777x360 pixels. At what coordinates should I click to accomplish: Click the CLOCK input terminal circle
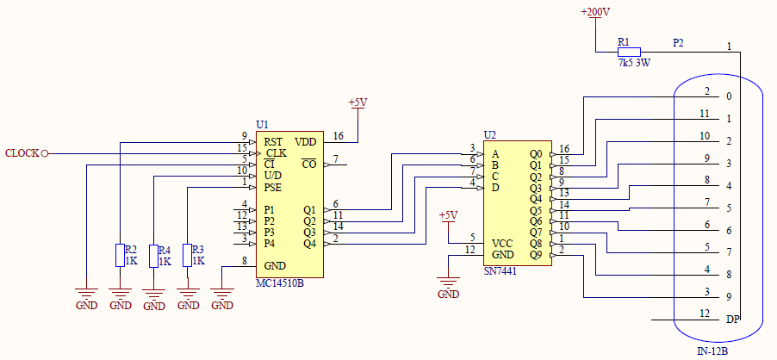coord(45,153)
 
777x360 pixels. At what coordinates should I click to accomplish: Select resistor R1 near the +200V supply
coord(629,52)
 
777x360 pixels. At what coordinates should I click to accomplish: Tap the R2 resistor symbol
coord(120,255)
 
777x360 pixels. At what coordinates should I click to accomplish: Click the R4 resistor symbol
coord(153,256)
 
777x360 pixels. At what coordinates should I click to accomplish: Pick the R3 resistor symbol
coord(187,255)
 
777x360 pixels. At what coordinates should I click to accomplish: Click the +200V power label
coord(595,12)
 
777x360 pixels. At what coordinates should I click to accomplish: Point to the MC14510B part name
coord(279,284)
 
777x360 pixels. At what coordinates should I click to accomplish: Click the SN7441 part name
coord(500,271)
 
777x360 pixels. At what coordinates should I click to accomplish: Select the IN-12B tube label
coord(712,352)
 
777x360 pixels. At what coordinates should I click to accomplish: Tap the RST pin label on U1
coord(273,143)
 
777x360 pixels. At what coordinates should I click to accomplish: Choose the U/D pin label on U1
coord(273,177)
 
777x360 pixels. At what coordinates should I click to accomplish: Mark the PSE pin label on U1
coord(272,188)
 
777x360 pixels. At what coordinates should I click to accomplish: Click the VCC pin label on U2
coord(502,244)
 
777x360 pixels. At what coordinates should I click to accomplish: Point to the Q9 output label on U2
coord(536,255)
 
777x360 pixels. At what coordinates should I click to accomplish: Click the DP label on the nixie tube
coord(732,320)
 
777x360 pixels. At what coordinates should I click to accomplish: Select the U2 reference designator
coord(489,134)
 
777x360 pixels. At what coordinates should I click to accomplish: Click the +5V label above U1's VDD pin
coord(357,103)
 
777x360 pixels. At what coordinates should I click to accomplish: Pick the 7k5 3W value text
coord(634,64)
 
